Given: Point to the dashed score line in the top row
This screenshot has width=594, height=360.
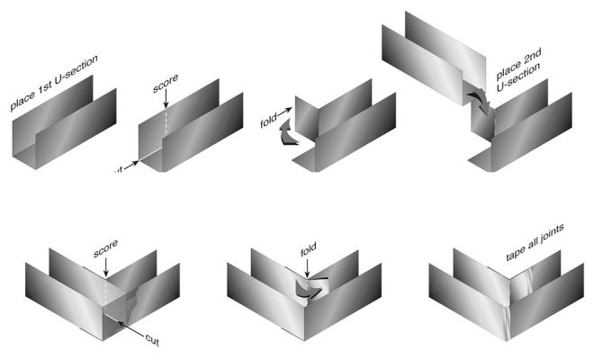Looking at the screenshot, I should [165, 121].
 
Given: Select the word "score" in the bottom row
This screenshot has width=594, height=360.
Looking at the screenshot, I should [105, 244].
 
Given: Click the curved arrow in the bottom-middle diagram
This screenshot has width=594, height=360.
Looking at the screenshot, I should [309, 288].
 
